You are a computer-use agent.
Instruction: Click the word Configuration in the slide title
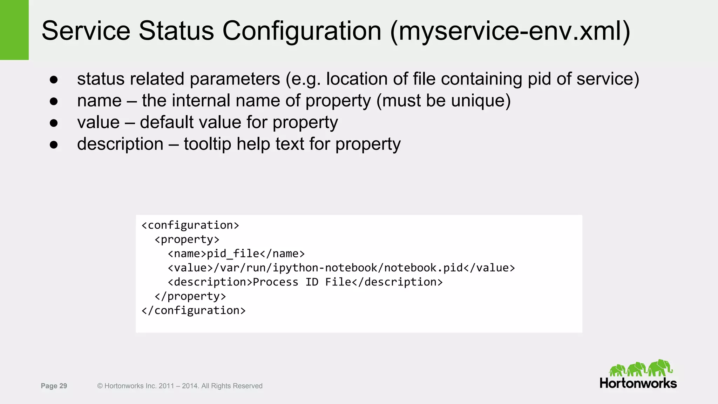302,31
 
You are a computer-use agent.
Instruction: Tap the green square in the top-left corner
14,30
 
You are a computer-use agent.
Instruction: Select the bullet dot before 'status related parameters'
54,80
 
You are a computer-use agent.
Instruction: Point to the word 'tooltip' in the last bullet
207,144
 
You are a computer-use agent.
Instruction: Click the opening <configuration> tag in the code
190,225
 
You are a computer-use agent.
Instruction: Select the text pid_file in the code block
233,254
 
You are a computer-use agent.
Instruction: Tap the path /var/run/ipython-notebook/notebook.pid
338,268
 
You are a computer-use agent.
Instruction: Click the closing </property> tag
190,296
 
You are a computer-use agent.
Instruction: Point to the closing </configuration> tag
194,311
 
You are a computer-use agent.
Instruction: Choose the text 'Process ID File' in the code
302,282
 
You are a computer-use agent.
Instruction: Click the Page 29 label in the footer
54,386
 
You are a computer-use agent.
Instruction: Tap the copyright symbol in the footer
100,386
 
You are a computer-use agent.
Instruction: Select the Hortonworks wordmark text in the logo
638,383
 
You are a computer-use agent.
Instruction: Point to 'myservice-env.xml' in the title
510,31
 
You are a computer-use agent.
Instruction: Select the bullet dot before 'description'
54,145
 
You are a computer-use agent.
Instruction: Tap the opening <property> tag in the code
187,240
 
